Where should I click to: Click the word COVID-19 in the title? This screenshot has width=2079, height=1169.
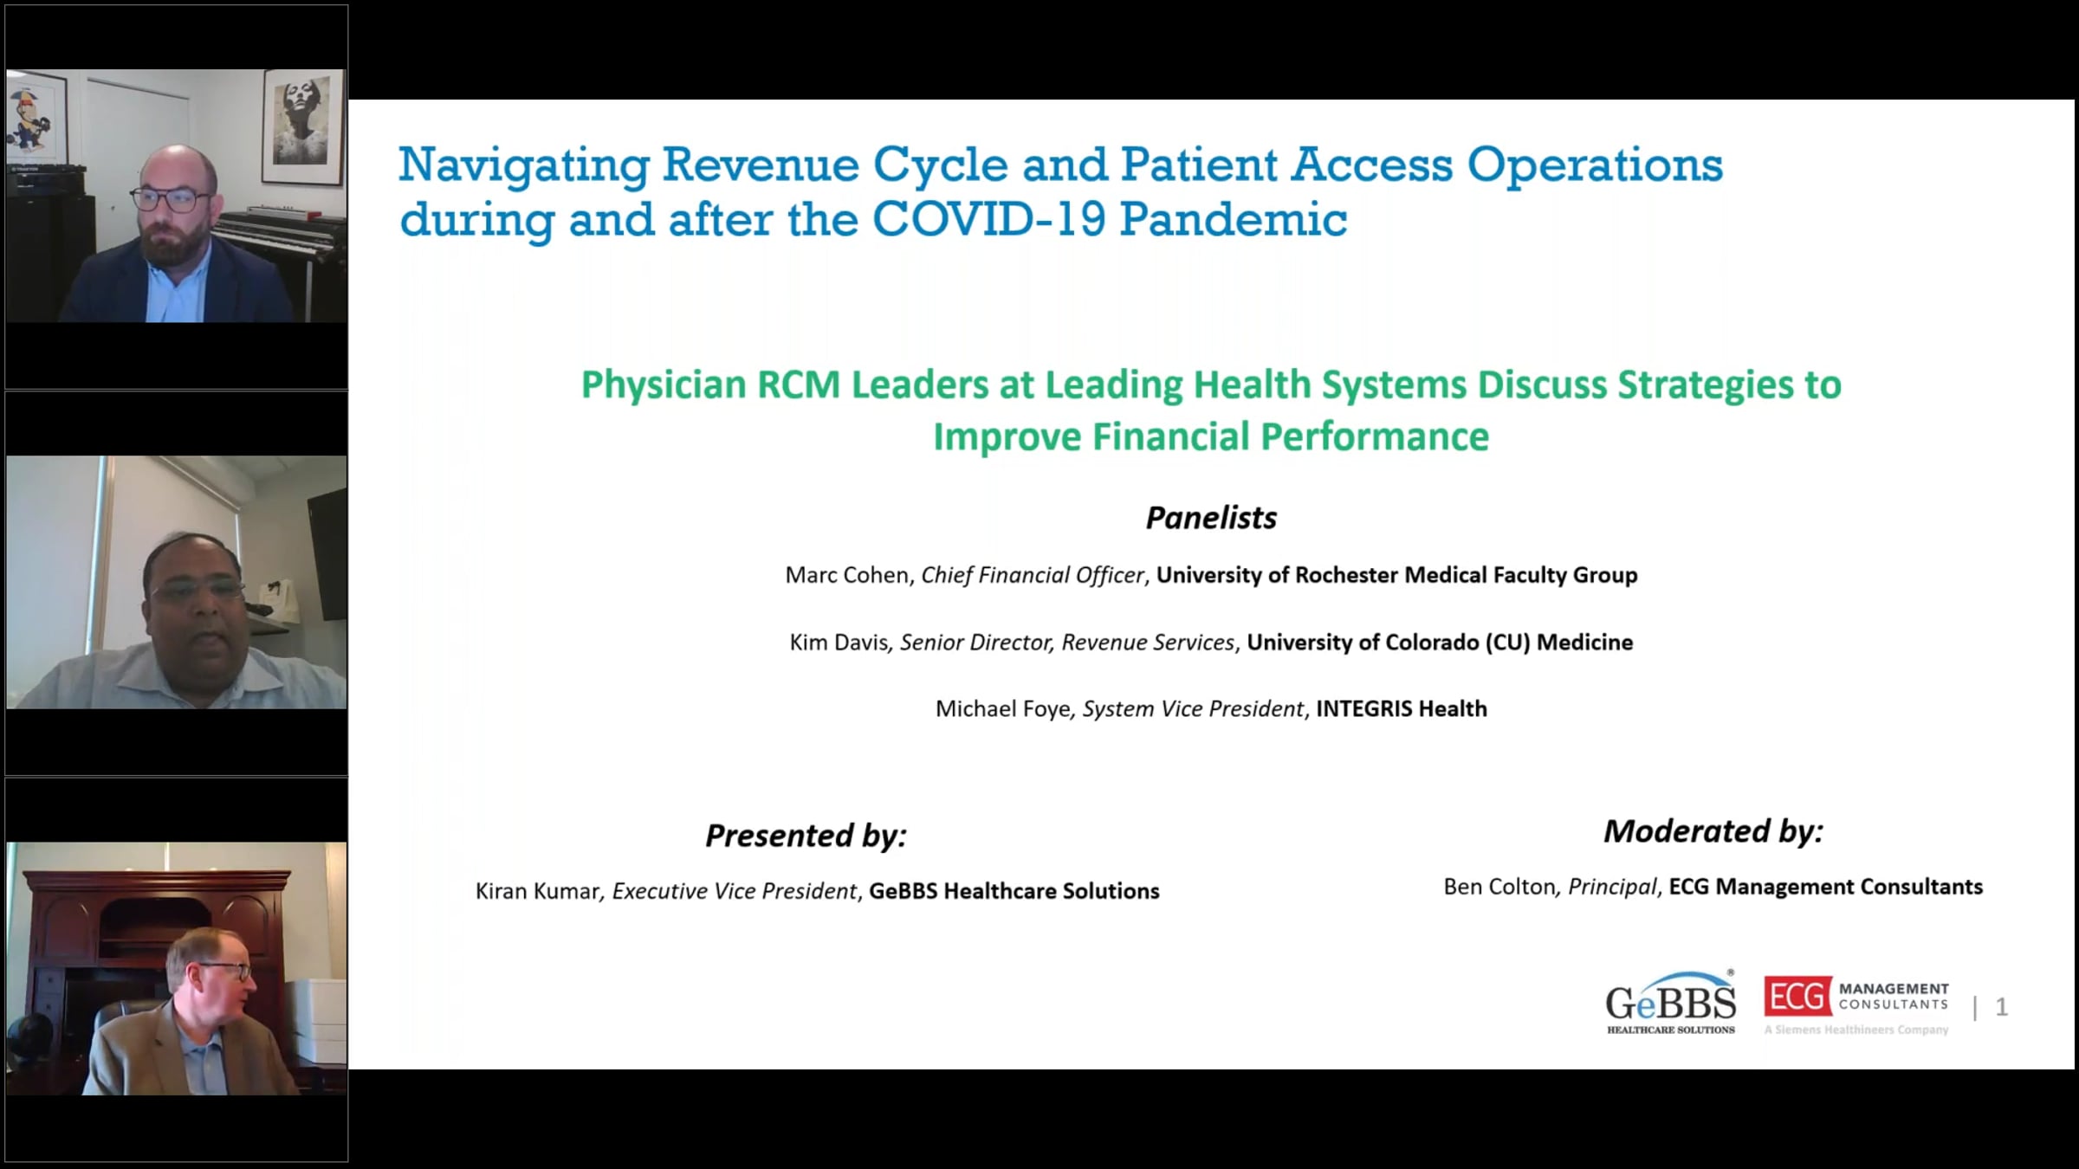pos(989,219)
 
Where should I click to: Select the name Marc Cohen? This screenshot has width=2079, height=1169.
pos(847,576)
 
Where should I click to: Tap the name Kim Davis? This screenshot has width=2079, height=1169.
pos(839,643)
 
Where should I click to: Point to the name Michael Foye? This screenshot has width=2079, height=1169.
pos(1003,709)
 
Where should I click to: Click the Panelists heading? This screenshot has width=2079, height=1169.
pos(1211,518)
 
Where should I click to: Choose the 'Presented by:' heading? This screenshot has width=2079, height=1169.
pos(806,836)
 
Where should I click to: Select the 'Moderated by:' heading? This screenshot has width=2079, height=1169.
pos(1713,831)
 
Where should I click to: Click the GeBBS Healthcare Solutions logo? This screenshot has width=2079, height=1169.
pos(1671,1002)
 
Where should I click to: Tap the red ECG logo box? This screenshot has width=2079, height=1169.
pos(1797,997)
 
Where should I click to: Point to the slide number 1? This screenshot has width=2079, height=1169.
pos(2001,1007)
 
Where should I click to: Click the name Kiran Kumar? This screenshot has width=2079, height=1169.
pos(537,891)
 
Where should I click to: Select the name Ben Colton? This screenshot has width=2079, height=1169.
pos(1499,887)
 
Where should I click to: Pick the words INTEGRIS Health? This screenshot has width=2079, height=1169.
pos(1402,709)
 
